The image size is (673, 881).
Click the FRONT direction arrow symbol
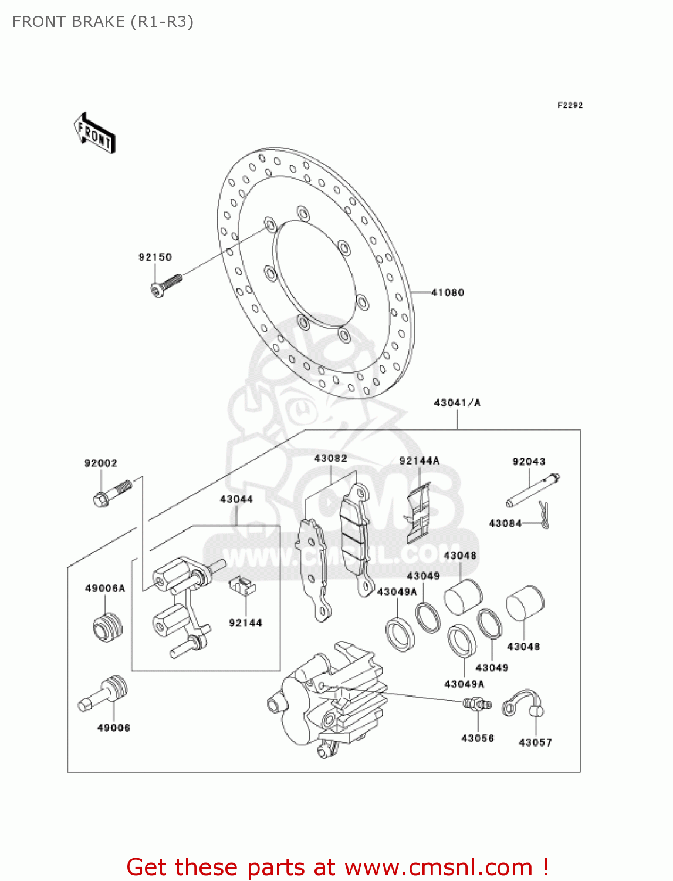94,133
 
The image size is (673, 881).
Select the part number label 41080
448,292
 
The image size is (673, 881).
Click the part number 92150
155,257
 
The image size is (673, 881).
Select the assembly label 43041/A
457,403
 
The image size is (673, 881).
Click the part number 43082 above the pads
330,459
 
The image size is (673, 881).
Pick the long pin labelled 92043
533,489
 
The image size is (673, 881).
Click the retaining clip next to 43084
544,515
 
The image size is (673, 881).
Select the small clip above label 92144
242,584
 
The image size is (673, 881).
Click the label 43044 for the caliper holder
236,499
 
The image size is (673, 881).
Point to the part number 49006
113,728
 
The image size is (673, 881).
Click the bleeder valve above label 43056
477,704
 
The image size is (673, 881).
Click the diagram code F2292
570,105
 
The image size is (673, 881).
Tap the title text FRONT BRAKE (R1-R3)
103,22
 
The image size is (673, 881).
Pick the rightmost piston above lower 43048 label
525,603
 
